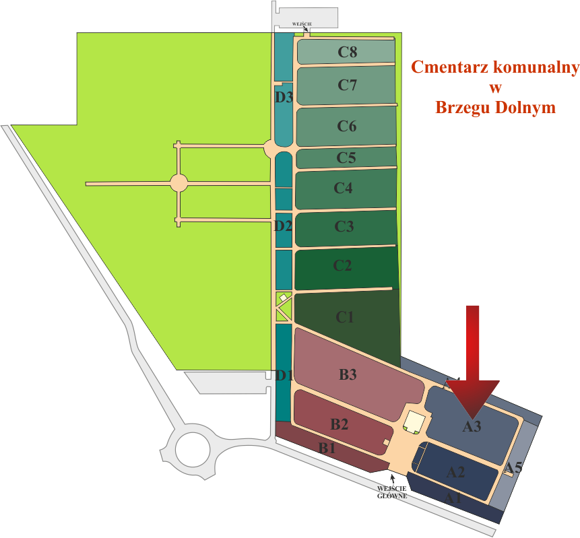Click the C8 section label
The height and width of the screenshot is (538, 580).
[x=347, y=52]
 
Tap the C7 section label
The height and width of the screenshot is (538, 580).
[x=347, y=86]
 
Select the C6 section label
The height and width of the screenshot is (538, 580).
[x=347, y=126]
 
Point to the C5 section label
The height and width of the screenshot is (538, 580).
[x=346, y=158]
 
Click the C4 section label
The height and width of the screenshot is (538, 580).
[x=344, y=189]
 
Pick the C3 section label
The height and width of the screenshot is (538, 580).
[x=344, y=227]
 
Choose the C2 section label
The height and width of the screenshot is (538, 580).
[x=343, y=266]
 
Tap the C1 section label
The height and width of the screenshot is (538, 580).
[x=345, y=317]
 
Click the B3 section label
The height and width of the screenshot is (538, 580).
[x=348, y=375]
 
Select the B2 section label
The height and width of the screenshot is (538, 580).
[x=340, y=425]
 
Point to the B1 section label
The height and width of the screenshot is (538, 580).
[x=327, y=448]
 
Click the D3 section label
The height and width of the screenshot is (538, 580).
[x=284, y=97]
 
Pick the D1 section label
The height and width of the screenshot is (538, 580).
[x=284, y=376]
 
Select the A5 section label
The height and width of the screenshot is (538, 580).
[x=514, y=467]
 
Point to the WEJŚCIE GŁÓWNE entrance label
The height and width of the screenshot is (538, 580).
[x=392, y=492]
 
